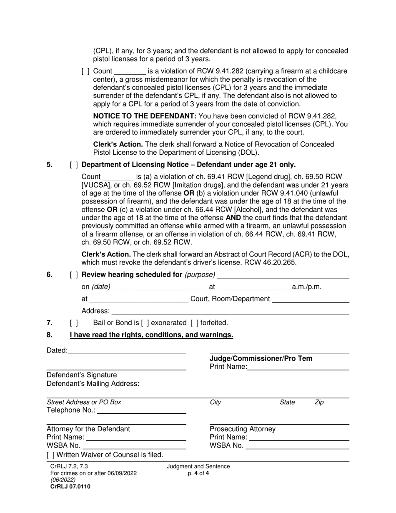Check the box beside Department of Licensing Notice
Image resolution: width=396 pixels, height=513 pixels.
tap(74, 165)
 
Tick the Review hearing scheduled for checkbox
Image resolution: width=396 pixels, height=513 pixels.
tap(74, 274)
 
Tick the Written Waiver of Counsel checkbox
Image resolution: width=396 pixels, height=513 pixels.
tap(50, 455)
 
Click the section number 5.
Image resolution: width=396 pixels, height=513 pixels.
tap(50, 165)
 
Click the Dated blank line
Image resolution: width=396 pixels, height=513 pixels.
tap(127, 351)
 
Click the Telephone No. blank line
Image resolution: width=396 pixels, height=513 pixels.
tap(141, 410)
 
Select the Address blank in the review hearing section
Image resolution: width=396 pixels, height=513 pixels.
tap(230, 311)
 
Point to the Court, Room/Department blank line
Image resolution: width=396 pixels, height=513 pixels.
tap(310, 299)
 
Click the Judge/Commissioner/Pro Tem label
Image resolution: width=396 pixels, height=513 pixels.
tap(261, 359)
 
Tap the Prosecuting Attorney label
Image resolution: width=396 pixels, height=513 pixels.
tap(243, 429)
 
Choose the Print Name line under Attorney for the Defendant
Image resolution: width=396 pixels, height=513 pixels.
tap(136, 438)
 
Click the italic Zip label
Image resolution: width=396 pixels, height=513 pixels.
tap(319, 402)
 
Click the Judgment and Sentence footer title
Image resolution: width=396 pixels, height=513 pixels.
tap(198, 467)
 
